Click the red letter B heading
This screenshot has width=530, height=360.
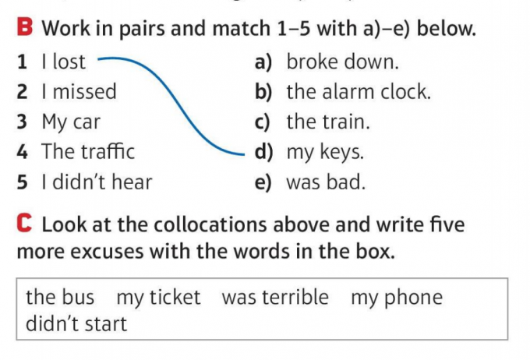pyautogui.click(x=25, y=29)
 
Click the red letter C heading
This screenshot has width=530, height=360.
pyautogui.click(x=25, y=225)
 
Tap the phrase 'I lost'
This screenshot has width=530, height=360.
pyautogui.click(x=63, y=62)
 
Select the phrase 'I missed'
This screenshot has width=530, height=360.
pyautogui.click(x=79, y=92)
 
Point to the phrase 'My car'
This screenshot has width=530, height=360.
pyautogui.click(x=71, y=122)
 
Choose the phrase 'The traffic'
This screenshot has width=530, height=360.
pyautogui.click(x=88, y=151)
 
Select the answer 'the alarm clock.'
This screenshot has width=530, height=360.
pyautogui.click(x=358, y=92)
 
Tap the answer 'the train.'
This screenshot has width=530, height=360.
pyautogui.click(x=328, y=122)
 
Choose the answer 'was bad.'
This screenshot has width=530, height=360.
pyautogui.click(x=326, y=182)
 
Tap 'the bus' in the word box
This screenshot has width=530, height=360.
pyautogui.click(x=60, y=297)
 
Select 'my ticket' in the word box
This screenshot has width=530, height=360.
pyautogui.click(x=158, y=297)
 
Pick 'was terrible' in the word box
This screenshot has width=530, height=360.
pyautogui.click(x=275, y=297)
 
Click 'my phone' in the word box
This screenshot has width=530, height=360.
pyautogui.click(x=396, y=297)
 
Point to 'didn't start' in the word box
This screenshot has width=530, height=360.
pyautogui.click(x=76, y=323)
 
